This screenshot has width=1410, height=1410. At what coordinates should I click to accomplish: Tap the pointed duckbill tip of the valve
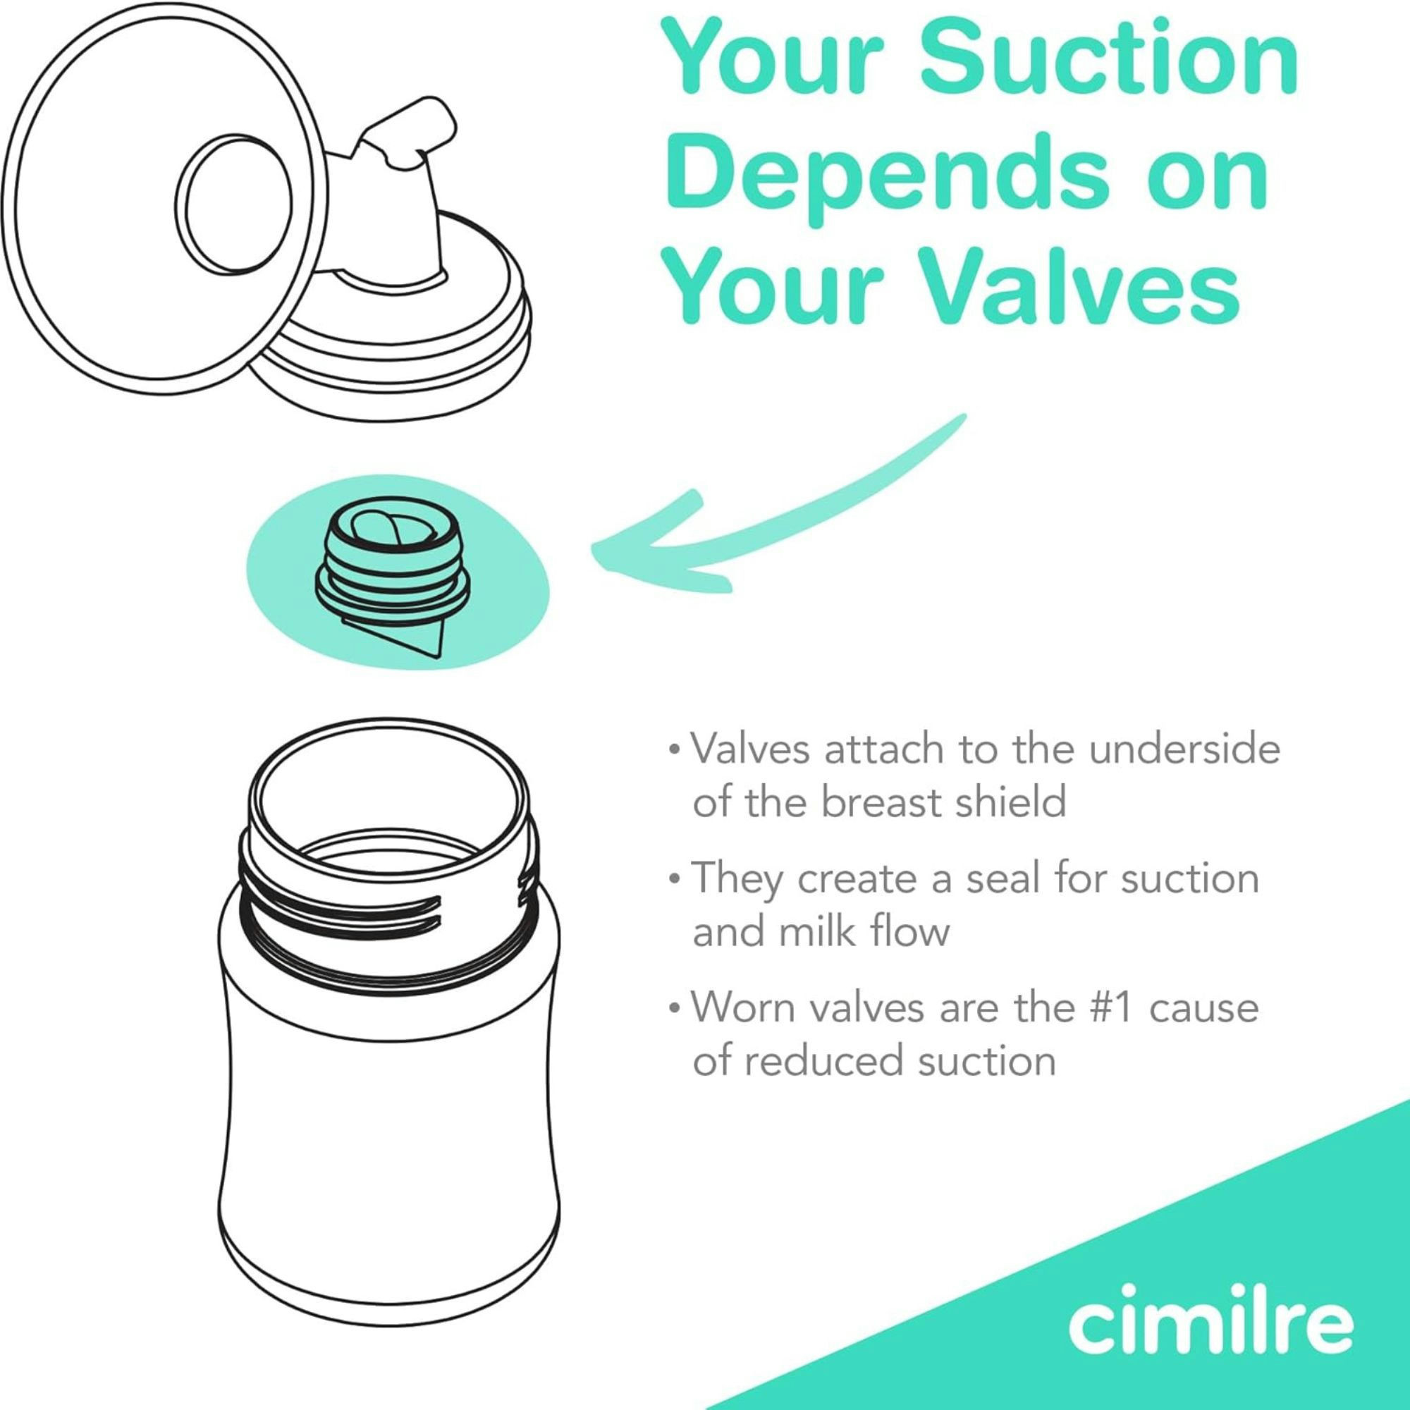click(431, 646)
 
